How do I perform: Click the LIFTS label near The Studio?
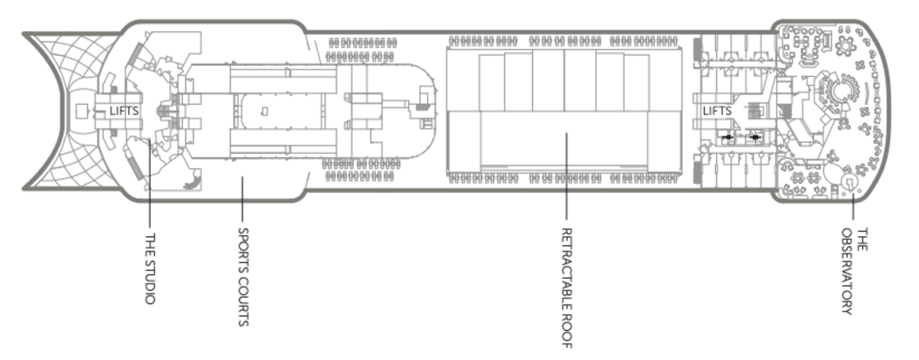(x=124, y=111)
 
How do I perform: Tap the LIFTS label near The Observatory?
(x=718, y=111)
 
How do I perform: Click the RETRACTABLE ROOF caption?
(x=567, y=288)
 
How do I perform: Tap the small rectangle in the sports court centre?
(x=264, y=112)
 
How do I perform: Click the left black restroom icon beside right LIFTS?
(x=727, y=137)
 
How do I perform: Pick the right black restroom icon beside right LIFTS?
(x=756, y=137)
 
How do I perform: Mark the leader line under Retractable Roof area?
(x=567, y=176)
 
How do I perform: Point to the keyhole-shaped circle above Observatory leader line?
(x=849, y=182)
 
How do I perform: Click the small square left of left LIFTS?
(x=82, y=112)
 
